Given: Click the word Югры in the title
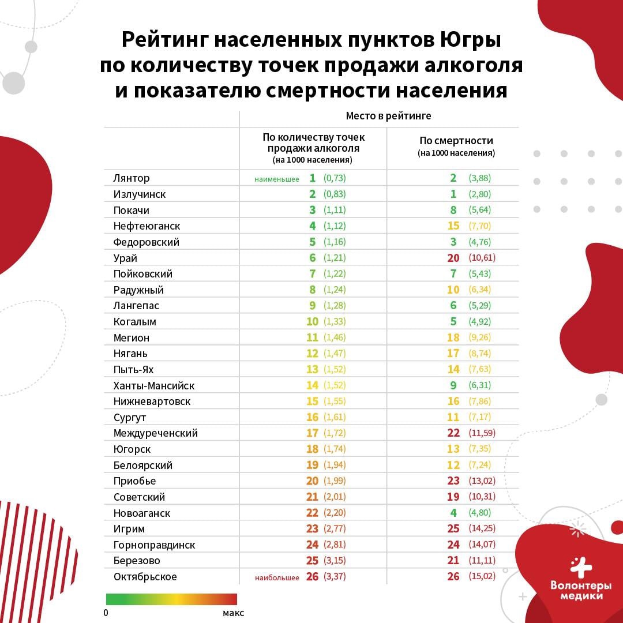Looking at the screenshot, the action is pos(471,40).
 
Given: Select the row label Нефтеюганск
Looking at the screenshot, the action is pos(147,226).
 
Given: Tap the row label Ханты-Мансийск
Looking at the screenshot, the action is pos(154,385).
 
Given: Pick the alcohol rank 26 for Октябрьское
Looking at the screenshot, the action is pos(312,576).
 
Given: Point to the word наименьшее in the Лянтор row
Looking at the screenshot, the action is pos(276,179).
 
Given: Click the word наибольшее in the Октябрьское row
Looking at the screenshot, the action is pos(277,577).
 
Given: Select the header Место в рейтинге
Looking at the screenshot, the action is pos(388,116).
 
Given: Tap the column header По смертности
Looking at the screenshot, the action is pos(456,141).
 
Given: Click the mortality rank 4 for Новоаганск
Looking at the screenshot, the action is pos(453,513).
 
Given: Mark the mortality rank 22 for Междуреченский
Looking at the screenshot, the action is pos(453,433).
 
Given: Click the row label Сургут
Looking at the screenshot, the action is pos(130,418).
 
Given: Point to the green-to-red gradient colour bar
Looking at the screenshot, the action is pos(171,599).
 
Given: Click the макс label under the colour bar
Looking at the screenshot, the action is pos(233,613).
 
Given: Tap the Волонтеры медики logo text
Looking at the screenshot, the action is pos(580,591).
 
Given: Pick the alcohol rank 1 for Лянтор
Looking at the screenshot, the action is pos(312,178).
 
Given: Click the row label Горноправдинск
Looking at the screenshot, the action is pos(154,545).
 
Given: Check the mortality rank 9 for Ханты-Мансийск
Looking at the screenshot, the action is pos(453,385).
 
